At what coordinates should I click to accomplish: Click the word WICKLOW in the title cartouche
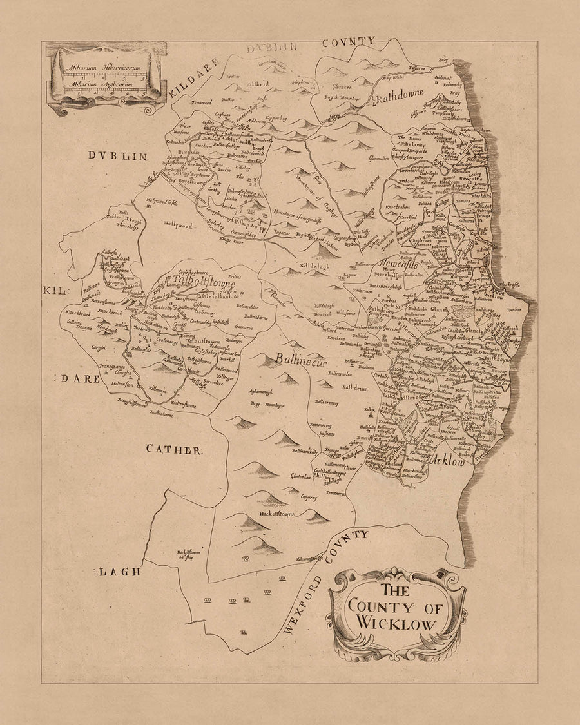coord(396,624)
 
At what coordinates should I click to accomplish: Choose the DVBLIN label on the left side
coord(119,156)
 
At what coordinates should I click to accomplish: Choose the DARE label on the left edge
coord(81,379)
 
